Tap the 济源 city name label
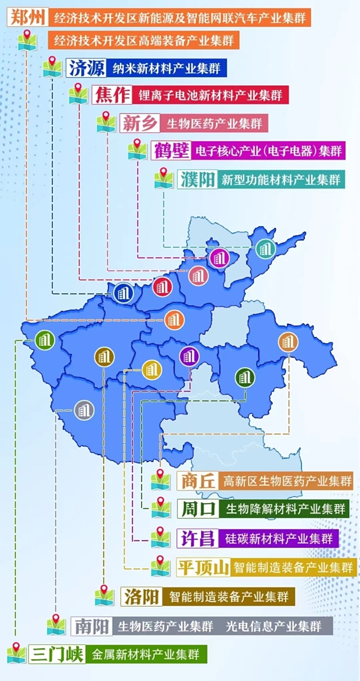pos(86,68)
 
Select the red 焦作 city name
pos(111,95)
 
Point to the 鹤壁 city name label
pos(170,150)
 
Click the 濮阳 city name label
pos(197,179)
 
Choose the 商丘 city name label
pos(197,481)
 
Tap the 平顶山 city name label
pos(203,567)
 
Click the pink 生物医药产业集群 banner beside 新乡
pos(214,123)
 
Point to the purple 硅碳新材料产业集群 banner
pos(279,538)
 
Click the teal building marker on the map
pos(264,248)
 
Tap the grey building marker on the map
pos(83,410)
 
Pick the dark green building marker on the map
pos(245,377)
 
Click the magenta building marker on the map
pos(219,258)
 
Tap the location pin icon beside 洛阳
pos(104,595)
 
